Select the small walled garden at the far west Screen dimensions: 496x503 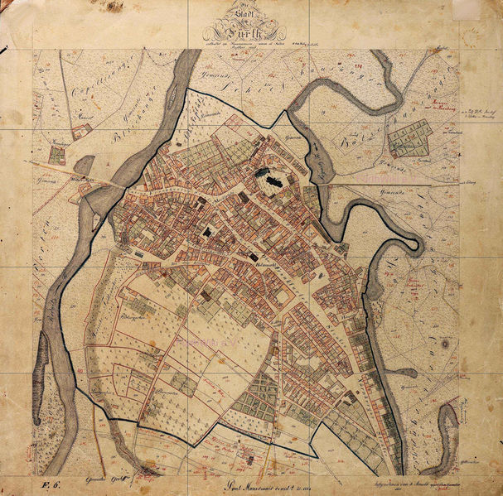pyautogui.click(x=56, y=154)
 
